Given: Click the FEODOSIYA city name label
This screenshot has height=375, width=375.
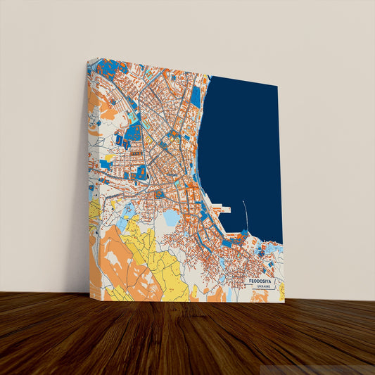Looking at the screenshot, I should [x=263, y=281].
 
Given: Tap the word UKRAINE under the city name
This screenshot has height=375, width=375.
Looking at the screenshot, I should [x=263, y=288].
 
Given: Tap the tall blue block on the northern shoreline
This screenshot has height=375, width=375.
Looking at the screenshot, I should [x=196, y=96].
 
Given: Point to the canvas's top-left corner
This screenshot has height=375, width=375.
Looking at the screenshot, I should [x=88, y=60].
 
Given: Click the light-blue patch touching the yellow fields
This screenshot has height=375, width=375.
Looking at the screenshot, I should [x=128, y=210].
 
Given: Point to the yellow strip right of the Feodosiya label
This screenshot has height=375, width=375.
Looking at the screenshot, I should [x=281, y=290].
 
